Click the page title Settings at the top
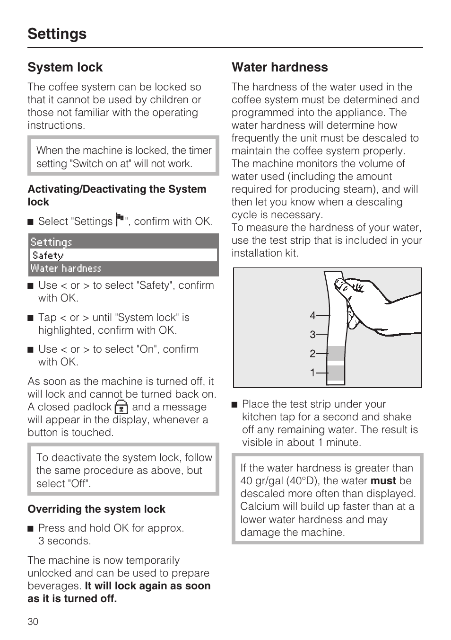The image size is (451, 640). [57, 34]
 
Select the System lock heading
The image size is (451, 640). [65, 67]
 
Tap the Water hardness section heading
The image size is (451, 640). [279, 67]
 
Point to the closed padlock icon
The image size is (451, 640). [121, 407]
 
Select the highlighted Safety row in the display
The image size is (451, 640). [123, 255]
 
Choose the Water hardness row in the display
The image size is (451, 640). [123, 268]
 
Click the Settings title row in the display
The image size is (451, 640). [123, 242]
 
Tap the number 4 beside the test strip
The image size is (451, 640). [312, 315]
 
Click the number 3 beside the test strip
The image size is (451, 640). [312, 335]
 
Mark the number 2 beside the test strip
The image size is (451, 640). [312, 354]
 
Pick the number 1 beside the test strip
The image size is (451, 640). [312, 373]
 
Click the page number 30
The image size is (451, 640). [33, 622]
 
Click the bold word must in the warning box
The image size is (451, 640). [383, 481]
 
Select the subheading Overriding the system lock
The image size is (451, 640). [96, 509]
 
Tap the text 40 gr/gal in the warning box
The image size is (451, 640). [261, 481]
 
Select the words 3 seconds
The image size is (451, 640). [64, 541]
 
